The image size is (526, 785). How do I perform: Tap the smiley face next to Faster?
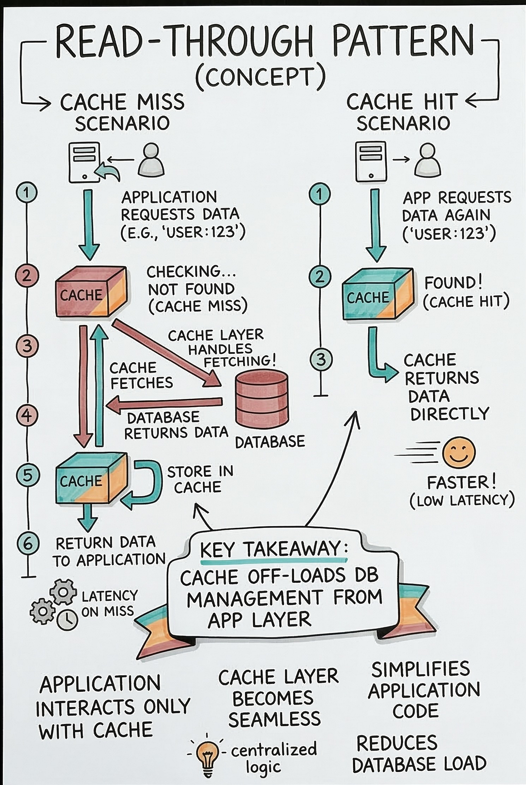pyautogui.click(x=459, y=453)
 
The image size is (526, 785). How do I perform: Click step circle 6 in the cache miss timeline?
pyautogui.click(x=28, y=543)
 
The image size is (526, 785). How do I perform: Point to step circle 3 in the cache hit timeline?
pyautogui.click(x=321, y=360)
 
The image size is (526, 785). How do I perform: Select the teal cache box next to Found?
pyautogui.click(x=378, y=294)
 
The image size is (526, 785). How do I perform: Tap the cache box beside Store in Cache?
pyautogui.click(x=91, y=478)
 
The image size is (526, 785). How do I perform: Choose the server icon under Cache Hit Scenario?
pyautogui.click(x=370, y=161)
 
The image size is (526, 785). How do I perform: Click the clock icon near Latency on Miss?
pyautogui.click(x=68, y=620)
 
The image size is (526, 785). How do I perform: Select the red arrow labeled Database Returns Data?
pyautogui.click(x=164, y=403)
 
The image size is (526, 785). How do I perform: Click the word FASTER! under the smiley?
pyautogui.click(x=461, y=482)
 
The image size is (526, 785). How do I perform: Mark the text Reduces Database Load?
pyautogui.click(x=419, y=753)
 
